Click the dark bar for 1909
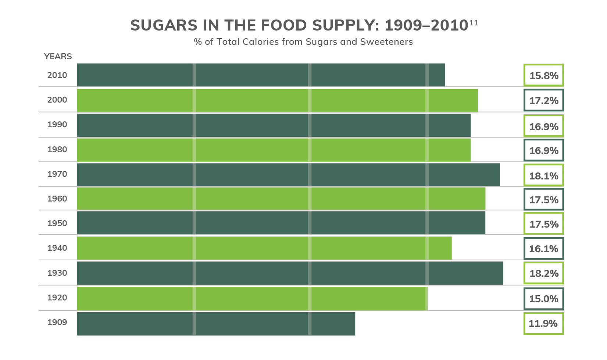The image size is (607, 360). click(x=216, y=324)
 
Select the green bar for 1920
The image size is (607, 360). click(x=252, y=299)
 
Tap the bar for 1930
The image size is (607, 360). click(x=290, y=273)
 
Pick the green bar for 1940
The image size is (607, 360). click(x=264, y=248)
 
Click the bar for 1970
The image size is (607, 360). click(x=288, y=175)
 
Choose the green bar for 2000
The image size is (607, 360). click(x=277, y=100)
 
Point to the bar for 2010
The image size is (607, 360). click(x=261, y=75)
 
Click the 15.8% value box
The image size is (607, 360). click(x=543, y=75)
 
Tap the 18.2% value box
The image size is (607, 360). click(x=543, y=273)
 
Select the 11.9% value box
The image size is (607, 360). click(x=543, y=324)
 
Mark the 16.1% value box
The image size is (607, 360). click(x=543, y=249)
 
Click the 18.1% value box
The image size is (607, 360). click(x=543, y=175)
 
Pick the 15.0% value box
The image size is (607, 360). click(x=543, y=299)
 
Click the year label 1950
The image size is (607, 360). click(x=57, y=224)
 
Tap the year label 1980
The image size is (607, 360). click(x=57, y=150)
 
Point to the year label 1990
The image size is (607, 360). click(x=57, y=125)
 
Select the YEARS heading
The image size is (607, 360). click(x=58, y=57)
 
